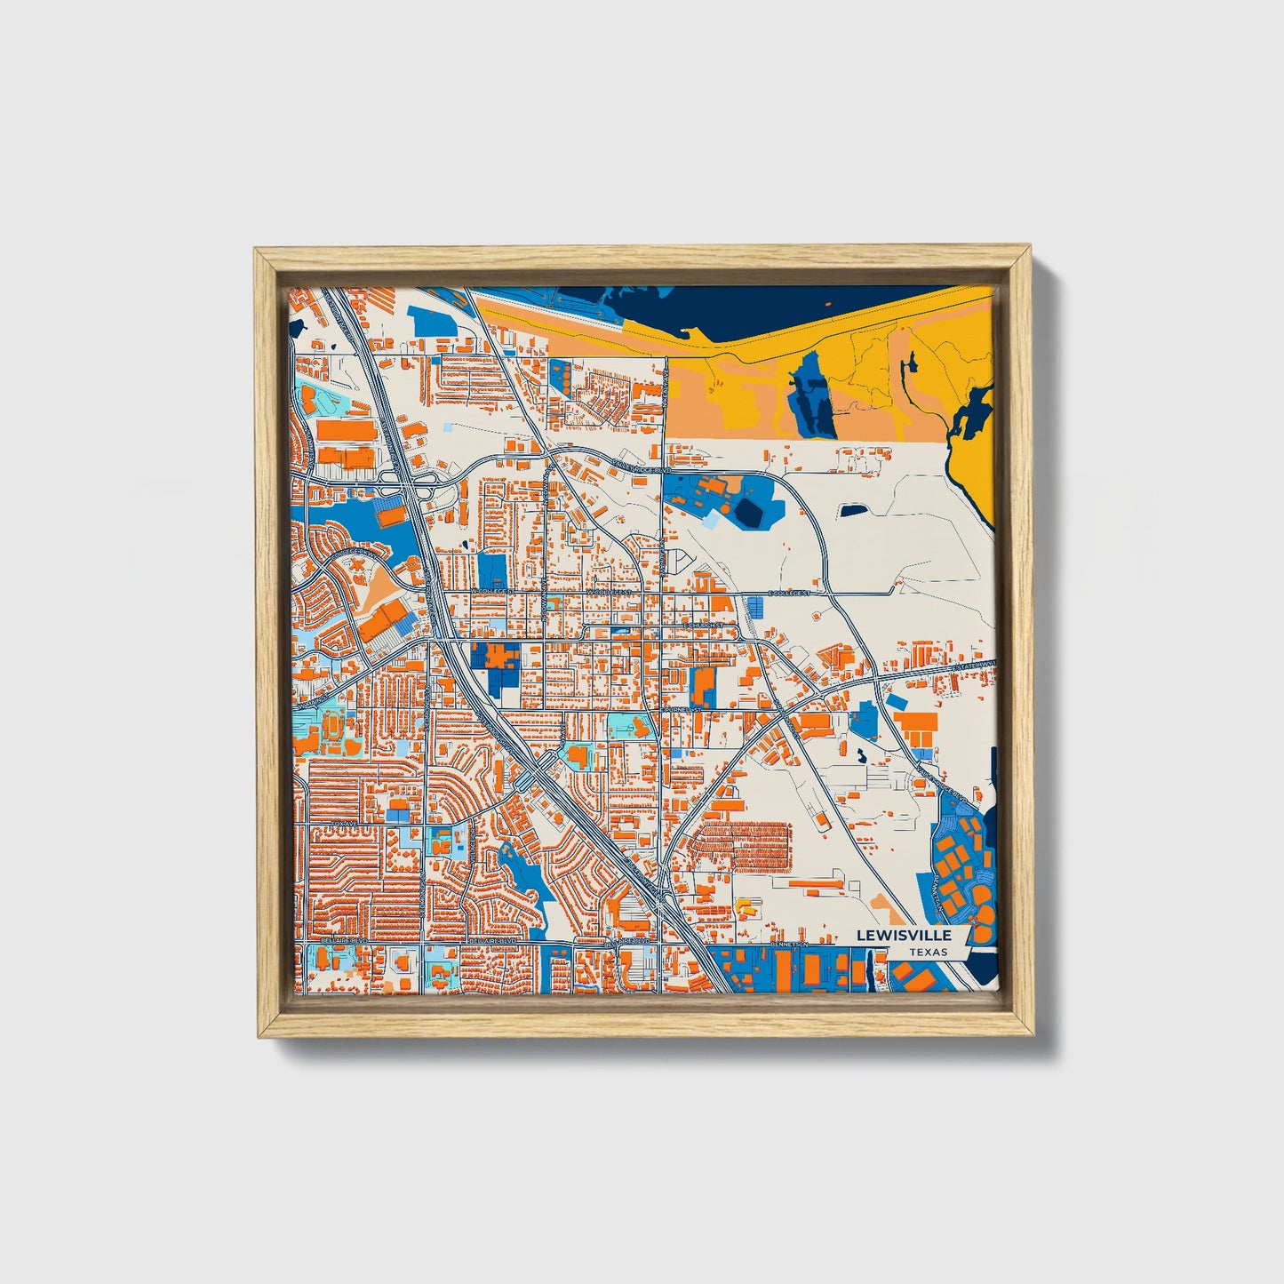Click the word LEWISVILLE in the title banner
click(904, 935)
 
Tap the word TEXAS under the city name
click(928, 952)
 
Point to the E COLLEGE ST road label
click(790, 593)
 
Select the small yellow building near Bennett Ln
click(745, 908)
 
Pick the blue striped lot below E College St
click(755, 607)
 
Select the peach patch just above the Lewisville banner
click(884, 908)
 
